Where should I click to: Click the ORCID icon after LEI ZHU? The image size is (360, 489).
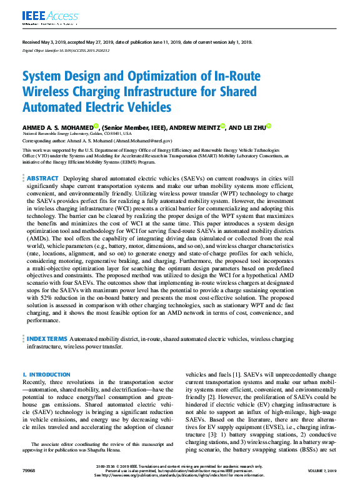point(269,125)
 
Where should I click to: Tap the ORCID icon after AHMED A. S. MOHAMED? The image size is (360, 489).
point(97,125)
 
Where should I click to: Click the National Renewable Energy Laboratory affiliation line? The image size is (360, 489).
point(77,134)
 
